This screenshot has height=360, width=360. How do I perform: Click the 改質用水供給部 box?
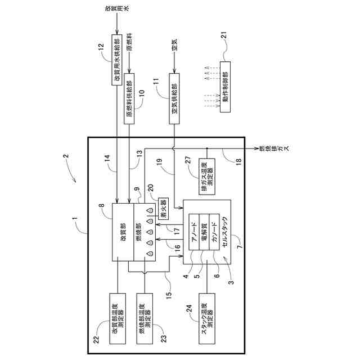118,60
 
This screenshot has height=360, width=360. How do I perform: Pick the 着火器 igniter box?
163,209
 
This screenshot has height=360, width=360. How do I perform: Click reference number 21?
224,54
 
